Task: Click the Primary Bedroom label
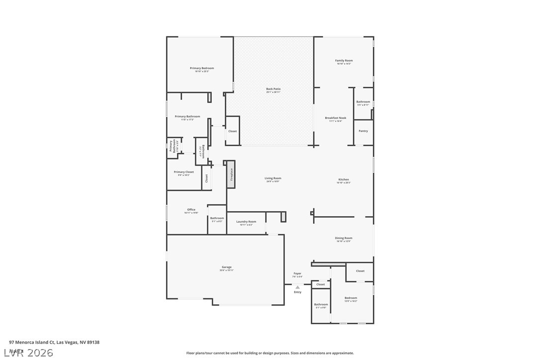(202, 68)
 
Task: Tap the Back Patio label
(273, 89)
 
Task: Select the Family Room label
(344, 61)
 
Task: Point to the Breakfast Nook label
(335, 118)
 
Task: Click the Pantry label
(363, 131)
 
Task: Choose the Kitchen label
(344, 180)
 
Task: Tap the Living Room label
(272, 178)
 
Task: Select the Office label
(191, 209)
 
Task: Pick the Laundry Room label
(246, 221)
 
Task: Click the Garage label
(227, 267)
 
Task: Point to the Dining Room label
(344, 238)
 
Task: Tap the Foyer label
(297, 273)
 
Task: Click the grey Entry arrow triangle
(297, 287)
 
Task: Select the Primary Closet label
(183, 172)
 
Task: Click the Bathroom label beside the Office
(217, 218)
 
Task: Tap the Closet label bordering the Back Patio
(232, 131)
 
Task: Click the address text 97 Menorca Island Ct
(32, 342)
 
